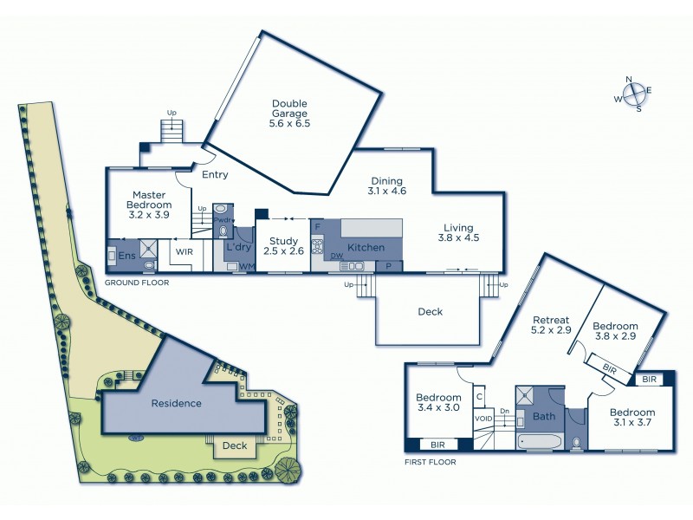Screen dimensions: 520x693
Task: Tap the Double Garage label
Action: click(x=288, y=114)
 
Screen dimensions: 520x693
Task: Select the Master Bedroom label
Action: click(x=150, y=204)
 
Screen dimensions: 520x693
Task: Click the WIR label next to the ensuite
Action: click(x=185, y=252)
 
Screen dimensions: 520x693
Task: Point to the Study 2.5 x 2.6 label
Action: click(x=283, y=246)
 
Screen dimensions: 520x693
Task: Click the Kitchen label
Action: click(x=366, y=248)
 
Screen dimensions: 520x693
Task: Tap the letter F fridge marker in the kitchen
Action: click(x=317, y=226)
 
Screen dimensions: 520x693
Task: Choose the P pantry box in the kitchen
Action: click(x=389, y=266)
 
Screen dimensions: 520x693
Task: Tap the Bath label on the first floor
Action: click(x=544, y=416)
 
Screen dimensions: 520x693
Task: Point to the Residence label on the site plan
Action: click(x=176, y=403)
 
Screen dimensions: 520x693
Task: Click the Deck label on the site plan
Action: click(x=234, y=446)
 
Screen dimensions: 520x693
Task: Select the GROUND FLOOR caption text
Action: click(x=136, y=283)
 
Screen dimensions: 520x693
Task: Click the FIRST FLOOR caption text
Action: click(x=430, y=462)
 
